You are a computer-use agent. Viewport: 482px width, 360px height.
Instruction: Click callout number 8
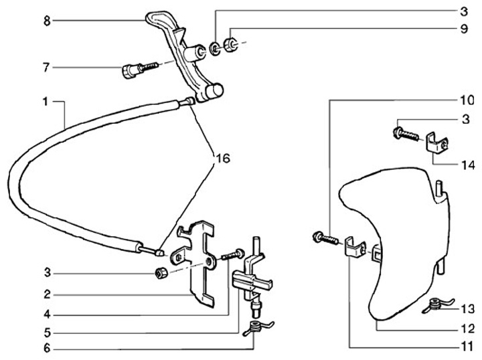tap(46, 21)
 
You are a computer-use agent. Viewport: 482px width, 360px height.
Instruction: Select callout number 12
tap(466, 329)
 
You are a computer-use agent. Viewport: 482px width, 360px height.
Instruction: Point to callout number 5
tap(46, 331)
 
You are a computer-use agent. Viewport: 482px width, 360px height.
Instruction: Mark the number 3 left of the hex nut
tap(46, 274)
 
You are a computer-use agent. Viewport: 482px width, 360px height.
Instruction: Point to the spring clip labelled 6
tap(254, 328)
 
